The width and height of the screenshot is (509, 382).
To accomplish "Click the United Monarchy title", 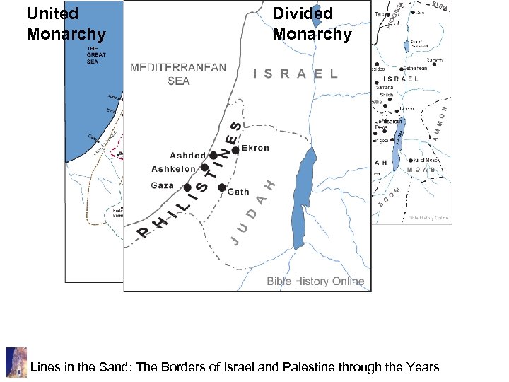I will [x=65, y=23].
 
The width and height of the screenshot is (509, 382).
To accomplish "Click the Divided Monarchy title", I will [x=312, y=23].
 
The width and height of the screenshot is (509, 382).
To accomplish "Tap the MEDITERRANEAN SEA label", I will [x=178, y=74].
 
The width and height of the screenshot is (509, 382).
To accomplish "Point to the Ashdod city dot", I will [x=213, y=156].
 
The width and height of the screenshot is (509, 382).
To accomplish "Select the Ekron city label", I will [x=256, y=149].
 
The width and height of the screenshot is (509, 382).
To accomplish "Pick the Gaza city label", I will [x=162, y=185].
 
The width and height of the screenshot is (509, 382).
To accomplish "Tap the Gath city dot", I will [x=222, y=187].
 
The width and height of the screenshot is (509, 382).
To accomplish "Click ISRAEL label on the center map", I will [x=295, y=74].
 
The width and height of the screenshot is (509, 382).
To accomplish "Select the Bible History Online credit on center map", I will [x=315, y=281].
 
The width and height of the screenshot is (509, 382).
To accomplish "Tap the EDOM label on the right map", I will [x=390, y=196].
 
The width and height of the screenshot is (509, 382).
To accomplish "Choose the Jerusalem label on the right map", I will [x=388, y=122].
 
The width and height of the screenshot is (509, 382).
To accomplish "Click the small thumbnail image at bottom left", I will [x=16, y=361].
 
